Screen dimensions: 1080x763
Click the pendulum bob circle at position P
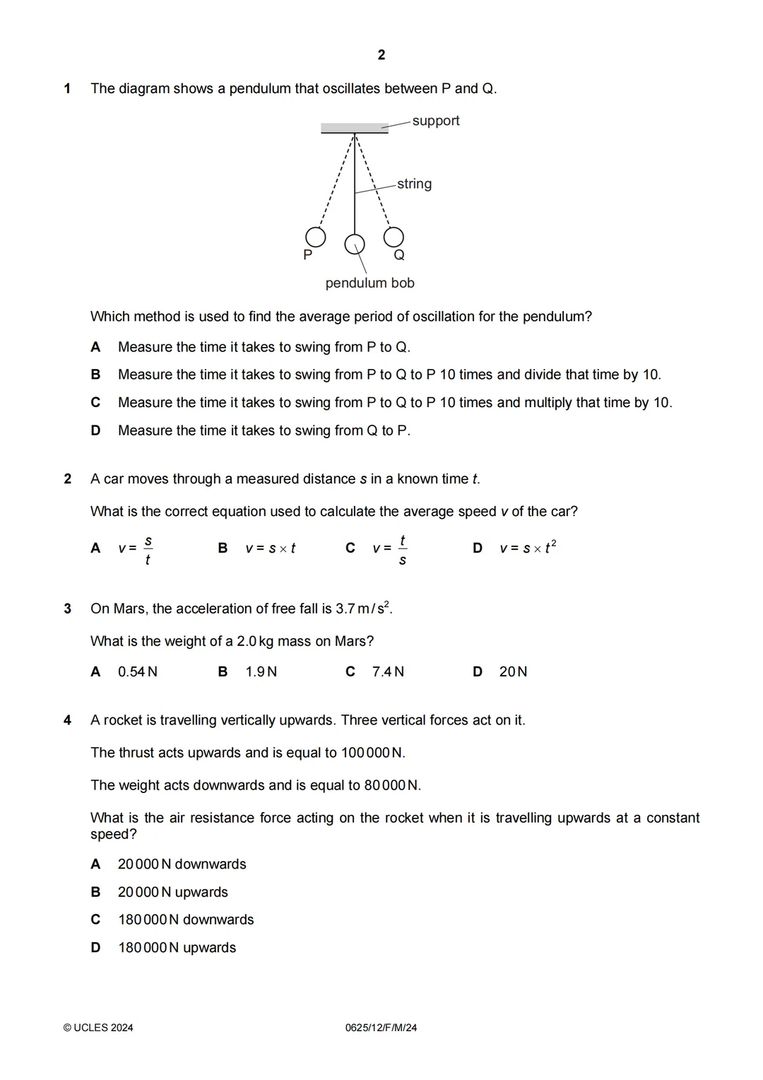click(315, 236)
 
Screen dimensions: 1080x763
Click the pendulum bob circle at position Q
click(394, 236)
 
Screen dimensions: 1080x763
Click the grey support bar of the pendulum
click(354, 129)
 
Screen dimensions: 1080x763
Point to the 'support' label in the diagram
click(436, 121)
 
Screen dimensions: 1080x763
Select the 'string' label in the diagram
click(414, 184)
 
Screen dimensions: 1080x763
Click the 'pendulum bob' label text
click(369, 283)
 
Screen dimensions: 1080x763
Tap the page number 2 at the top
click(381, 55)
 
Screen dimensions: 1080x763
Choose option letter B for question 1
click(95, 375)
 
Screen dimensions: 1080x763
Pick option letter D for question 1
click(95, 430)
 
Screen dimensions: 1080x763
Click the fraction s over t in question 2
click(148, 551)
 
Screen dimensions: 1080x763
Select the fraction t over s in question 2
click(402, 551)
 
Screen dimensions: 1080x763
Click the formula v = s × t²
click(528, 548)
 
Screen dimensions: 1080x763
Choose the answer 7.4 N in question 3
click(388, 672)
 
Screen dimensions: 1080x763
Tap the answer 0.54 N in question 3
click(138, 672)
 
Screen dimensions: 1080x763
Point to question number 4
click(68, 720)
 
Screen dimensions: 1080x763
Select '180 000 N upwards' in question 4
click(177, 948)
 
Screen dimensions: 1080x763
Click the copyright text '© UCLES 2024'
click(98, 1028)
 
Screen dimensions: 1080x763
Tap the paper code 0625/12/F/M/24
click(381, 1028)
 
